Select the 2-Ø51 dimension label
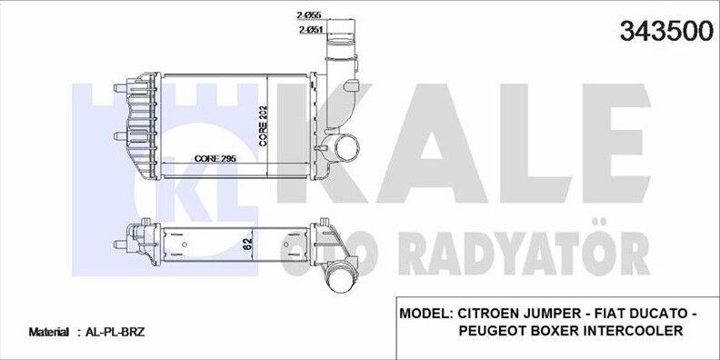[309, 31]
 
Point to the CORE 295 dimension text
[215, 158]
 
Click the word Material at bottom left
[49, 334]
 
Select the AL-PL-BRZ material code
[107, 334]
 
